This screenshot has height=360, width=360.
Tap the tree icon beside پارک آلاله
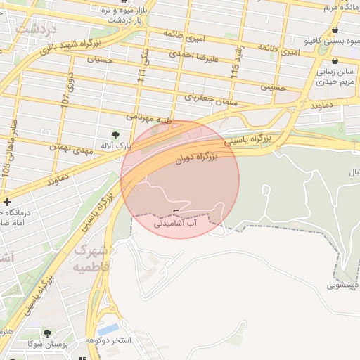tap(115, 134)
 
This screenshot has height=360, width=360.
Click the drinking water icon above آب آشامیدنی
tap(176, 212)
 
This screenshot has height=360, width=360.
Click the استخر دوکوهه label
tap(108, 340)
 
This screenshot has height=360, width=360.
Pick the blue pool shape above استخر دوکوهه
tap(108, 329)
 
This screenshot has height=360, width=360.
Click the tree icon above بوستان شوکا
tap(47, 333)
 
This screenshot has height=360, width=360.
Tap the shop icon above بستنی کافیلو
tap(334, 30)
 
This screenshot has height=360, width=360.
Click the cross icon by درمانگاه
tap(6, 201)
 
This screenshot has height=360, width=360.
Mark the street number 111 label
tap(143, 75)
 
